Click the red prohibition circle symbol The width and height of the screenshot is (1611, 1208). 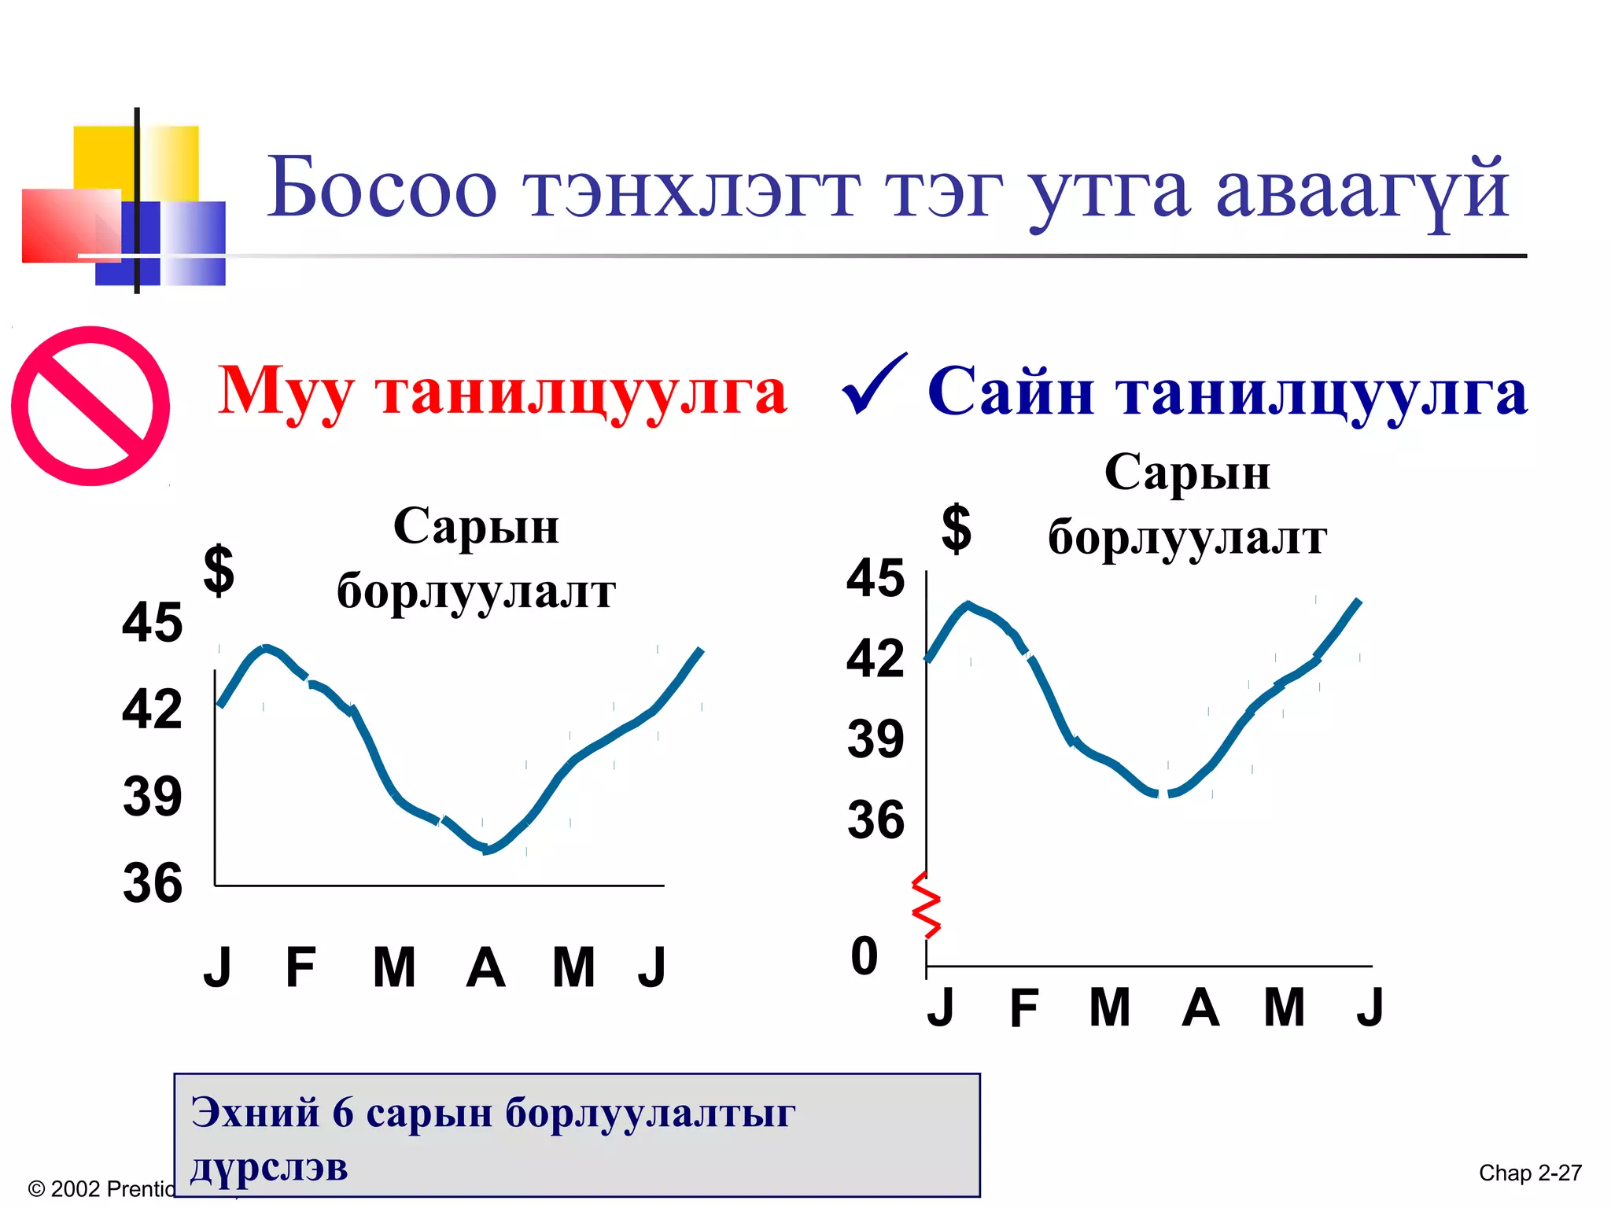click(x=90, y=406)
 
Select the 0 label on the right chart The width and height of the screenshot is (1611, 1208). click(x=864, y=956)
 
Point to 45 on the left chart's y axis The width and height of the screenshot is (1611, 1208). click(x=153, y=622)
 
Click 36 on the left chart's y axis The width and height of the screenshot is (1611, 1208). click(x=153, y=882)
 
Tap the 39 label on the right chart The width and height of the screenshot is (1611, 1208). click(x=876, y=739)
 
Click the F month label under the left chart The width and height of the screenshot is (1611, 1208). click(x=300, y=967)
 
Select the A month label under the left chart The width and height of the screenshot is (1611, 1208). click(x=485, y=967)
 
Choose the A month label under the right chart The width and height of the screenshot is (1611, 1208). click(x=1200, y=1007)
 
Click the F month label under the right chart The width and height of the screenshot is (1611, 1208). click(x=1024, y=1008)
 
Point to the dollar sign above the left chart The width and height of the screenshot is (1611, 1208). click(x=219, y=570)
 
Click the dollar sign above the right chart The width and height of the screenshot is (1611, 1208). click(x=957, y=528)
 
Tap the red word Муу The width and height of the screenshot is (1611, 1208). click(x=285, y=392)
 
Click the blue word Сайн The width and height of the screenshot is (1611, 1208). click(x=1011, y=391)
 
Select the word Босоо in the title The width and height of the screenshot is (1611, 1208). click(x=382, y=189)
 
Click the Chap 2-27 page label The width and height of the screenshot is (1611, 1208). click(x=1530, y=1173)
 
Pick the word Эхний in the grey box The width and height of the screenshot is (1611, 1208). click(x=256, y=1112)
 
